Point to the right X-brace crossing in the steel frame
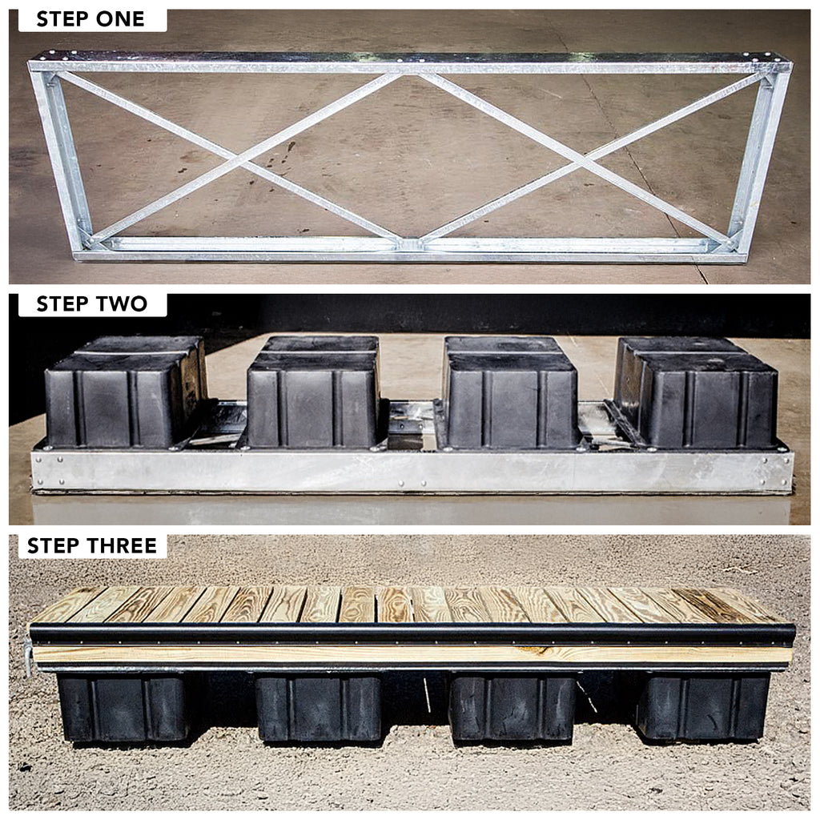coord(581,159)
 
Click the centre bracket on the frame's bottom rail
coord(409,244)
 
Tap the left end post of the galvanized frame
coord(60,157)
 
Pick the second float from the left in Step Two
coord(314,392)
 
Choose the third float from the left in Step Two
coord(510,392)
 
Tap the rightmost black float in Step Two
coord(697,392)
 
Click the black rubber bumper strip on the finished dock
coord(412,635)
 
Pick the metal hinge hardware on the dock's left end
coord(27,657)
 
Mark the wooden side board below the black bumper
coord(412,655)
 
